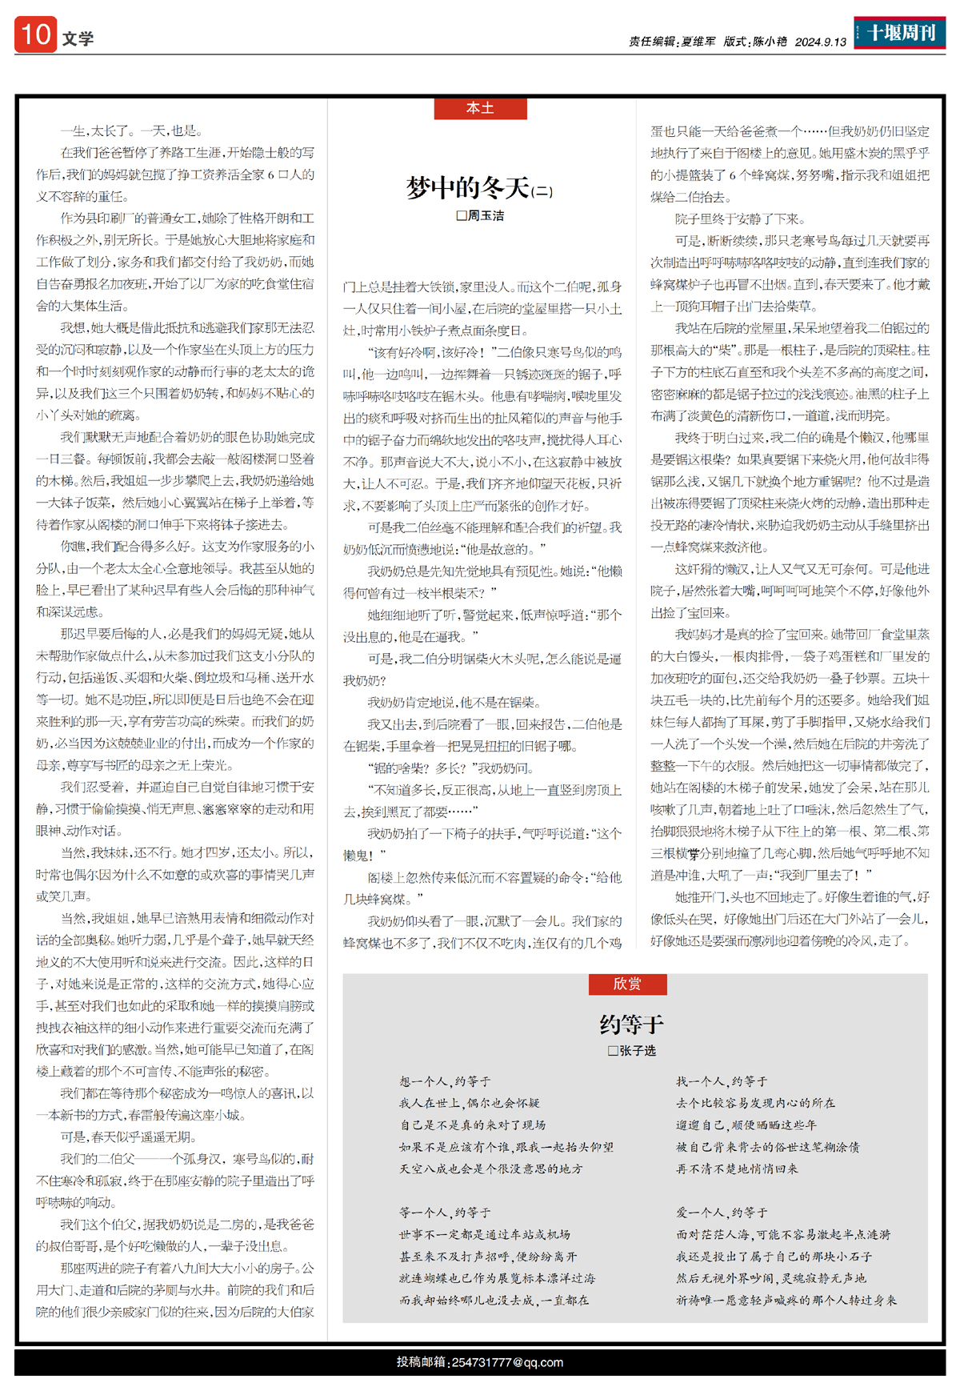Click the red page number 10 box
35,34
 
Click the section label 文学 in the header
78,38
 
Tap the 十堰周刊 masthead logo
899,33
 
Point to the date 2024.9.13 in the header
820,42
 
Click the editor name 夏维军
698,42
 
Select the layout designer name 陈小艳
770,42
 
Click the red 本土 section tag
480,108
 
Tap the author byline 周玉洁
486,215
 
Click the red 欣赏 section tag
627,984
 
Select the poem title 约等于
631,1024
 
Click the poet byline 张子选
637,1050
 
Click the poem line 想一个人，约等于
445,1081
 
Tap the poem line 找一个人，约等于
722,1081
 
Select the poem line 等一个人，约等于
445,1213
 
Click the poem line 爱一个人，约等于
722,1213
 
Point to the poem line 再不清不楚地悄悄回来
737,1169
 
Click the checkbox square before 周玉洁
461,215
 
